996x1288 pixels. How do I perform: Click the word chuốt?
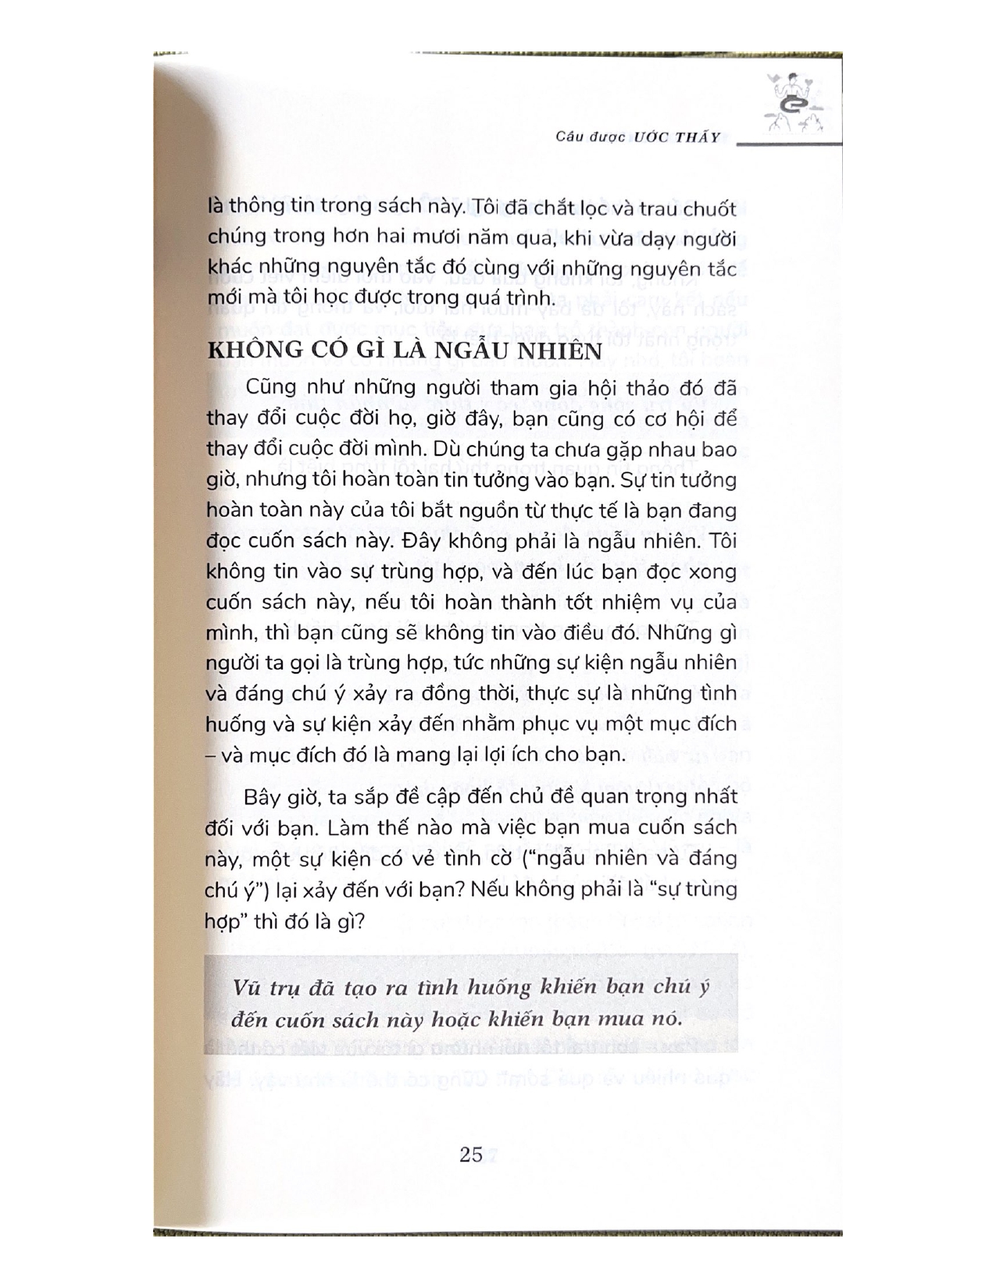pyautogui.click(x=706, y=209)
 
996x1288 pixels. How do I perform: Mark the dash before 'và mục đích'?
pyautogui.click(x=211, y=755)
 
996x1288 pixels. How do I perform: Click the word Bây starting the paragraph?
pyautogui.click(x=263, y=797)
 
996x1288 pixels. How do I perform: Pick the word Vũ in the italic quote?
pyautogui.click(x=247, y=987)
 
